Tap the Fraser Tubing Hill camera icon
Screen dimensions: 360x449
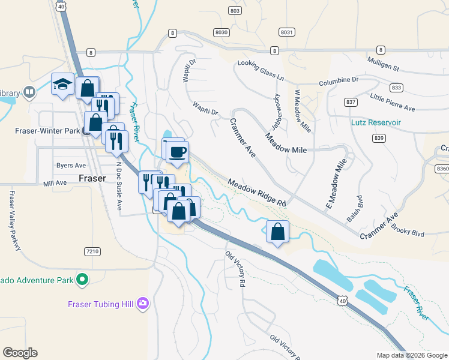[x=142, y=304]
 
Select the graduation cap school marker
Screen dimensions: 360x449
[x=62, y=86]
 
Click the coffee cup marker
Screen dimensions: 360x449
[x=176, y=152]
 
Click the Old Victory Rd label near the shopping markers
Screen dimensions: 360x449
[x=235, y=268]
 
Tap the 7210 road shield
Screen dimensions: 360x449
[x=92, y=251]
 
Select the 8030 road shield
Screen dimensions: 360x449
[x=221, y=32]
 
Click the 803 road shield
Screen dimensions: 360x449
[x=235, y=11]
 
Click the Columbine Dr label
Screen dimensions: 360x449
[x=339, y=80]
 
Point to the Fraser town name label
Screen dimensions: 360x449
[x=92, y=178]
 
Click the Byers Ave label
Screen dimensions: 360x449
[x=71, y=165]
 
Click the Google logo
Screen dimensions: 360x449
[x=20, y=353]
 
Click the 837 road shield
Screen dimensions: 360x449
[x=351, y=102]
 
